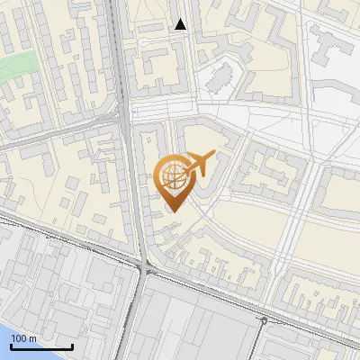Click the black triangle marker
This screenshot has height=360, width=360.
[181, 25]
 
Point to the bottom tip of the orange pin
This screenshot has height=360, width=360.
[173, 211]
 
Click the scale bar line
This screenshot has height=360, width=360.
[41, 347]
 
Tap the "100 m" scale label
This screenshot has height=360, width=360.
[23, 338]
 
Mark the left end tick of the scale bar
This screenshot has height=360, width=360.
[11, 346]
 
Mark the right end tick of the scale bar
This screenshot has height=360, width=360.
[72, 346]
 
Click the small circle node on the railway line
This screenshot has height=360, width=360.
[264, 320]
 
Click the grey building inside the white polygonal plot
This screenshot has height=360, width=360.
[219, 79]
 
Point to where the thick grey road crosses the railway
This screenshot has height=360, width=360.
[144, 267]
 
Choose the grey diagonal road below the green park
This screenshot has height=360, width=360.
[54, 131]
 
